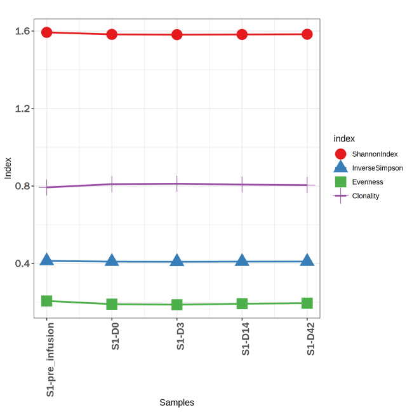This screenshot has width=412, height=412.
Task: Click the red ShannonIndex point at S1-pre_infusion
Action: pyautogui.click(x=47, y=32)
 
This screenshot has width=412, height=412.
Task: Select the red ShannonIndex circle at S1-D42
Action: pyautogui.click(x=307, y=34)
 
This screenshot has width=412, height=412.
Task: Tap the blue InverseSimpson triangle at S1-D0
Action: pyautogui.click(x=112, y=260)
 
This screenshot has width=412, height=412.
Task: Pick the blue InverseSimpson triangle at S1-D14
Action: pyautogui.click(x=242, y=260)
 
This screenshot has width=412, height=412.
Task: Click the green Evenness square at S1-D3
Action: pyautogui.click(x=177, y=305)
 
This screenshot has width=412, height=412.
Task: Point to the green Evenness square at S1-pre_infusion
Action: pyautogui.click(x=47, y=301)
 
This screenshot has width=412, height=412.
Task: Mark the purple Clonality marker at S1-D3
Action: pyautogui.click(x=177, y=183)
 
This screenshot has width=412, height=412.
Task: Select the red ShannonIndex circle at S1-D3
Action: pyautogui.click(x=177, y=34)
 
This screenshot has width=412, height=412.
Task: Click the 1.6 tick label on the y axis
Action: pyautogui.click(x=23, y=31)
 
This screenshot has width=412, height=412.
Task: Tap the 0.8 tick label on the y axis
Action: pyautogui.click(x=23, y=186)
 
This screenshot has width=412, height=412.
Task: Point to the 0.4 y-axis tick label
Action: pyautogui.click(x=23, y=263)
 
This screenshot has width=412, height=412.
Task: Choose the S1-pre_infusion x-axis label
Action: pyautogui.click(x=50, y=359)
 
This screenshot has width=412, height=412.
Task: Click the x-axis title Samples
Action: pyautogui.click(x=176, y=402)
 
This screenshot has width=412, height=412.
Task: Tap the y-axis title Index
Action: pyautogui.click(x=8, y=168)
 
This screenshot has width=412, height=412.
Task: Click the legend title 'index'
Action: pyautogui.click(x=344, y=138)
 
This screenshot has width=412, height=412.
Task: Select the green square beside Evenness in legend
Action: pyautogui.click(x=340, y=182)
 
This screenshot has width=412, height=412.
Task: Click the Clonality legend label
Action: pyautogui.click(x=366, y=196)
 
